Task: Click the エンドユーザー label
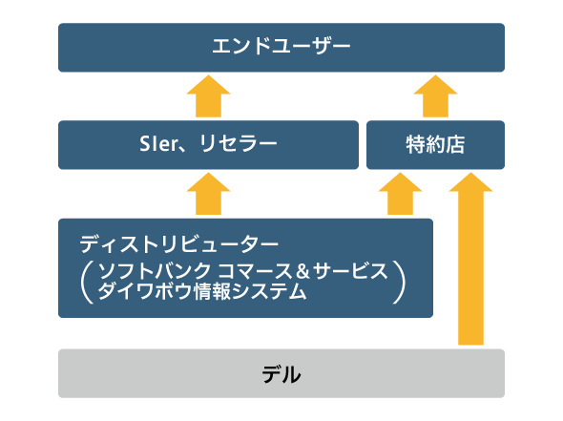coord(281,47)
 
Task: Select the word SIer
coord(158,144)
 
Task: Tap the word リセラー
coord(238,144)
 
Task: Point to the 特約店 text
coord(435,144)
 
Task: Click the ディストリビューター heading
coord(178,244)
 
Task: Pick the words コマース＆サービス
coord(302,270)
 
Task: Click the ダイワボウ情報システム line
coord(202,291)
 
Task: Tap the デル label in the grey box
coord(281,374)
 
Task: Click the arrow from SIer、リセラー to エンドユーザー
coord(208,95)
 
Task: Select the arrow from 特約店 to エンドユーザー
coord(435,95)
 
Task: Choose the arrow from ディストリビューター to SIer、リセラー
coord(208,194)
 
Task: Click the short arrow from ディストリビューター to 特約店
coord(400,194)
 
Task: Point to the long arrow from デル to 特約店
coord(470,259)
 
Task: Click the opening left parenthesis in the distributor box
coord(87,283)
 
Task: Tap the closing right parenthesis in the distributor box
coord(399,283)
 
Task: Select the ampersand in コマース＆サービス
coord(302,271)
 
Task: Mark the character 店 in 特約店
coord(455,144)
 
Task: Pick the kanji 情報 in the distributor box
coord(212,291)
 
